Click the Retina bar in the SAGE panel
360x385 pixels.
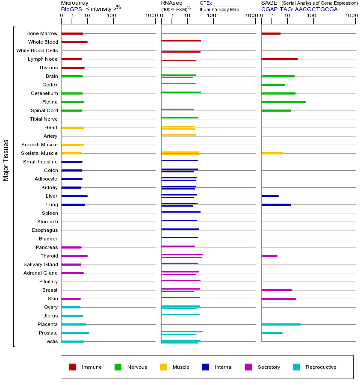[x=283, y=102]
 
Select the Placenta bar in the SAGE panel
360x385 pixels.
[x=281, y=324]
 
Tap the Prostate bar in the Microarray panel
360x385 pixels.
[x=75, y=333]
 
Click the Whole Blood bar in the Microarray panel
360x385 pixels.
[x=74, y=42]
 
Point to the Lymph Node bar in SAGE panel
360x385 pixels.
[x=280, y=59]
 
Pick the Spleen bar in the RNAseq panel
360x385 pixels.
[x=181, y=212]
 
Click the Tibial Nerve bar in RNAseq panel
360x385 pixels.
[x=180, y=118]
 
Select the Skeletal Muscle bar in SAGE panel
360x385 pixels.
[x=272, y=153]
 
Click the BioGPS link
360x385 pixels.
[x=71, y=9]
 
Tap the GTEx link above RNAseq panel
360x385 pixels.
[x=206, y=3]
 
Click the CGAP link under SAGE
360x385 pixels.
[x=269, y=9]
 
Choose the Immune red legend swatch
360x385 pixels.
[x=73, y=367]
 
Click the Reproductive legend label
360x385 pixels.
[x=321, y=367]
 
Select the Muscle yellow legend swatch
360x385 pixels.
[x=163, y=367]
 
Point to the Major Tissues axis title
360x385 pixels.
[x=6, y=160]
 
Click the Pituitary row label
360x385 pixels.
[x=48, y=281]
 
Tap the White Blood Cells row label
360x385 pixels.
[x=37, y=50]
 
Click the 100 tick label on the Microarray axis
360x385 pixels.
[x=112, y=16]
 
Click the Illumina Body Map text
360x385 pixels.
[x=219, y=9]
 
